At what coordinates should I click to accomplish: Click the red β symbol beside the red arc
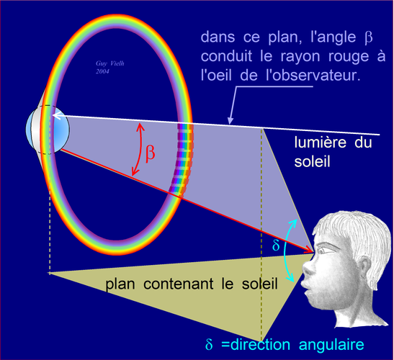coord(151,153)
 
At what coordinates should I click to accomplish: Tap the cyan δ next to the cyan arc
coord(276,245)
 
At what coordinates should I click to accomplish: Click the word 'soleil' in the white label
coord(312,161)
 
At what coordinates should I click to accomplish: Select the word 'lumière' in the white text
coord(321,142)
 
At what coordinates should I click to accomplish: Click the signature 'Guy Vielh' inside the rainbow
coord(110,63)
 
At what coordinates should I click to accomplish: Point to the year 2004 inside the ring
coord(102,71)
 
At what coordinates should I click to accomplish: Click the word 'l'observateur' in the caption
coord(313,75)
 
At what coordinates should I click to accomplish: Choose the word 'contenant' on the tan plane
coord(179,284)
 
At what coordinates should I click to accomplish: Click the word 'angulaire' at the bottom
coord(331,345)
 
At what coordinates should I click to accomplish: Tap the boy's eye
coord(326,250)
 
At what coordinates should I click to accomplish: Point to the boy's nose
coord(308,268)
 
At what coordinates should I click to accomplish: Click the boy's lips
coord(306,288)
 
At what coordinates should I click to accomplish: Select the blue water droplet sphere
coord(48,130)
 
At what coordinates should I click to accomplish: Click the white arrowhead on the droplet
coord(55,116)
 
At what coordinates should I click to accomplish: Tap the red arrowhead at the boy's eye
coord(308,250)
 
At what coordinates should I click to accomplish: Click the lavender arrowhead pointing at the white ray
coord(230,121)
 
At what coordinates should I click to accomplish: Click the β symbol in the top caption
coord(368,37)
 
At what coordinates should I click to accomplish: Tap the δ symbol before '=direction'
coord(209,344)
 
